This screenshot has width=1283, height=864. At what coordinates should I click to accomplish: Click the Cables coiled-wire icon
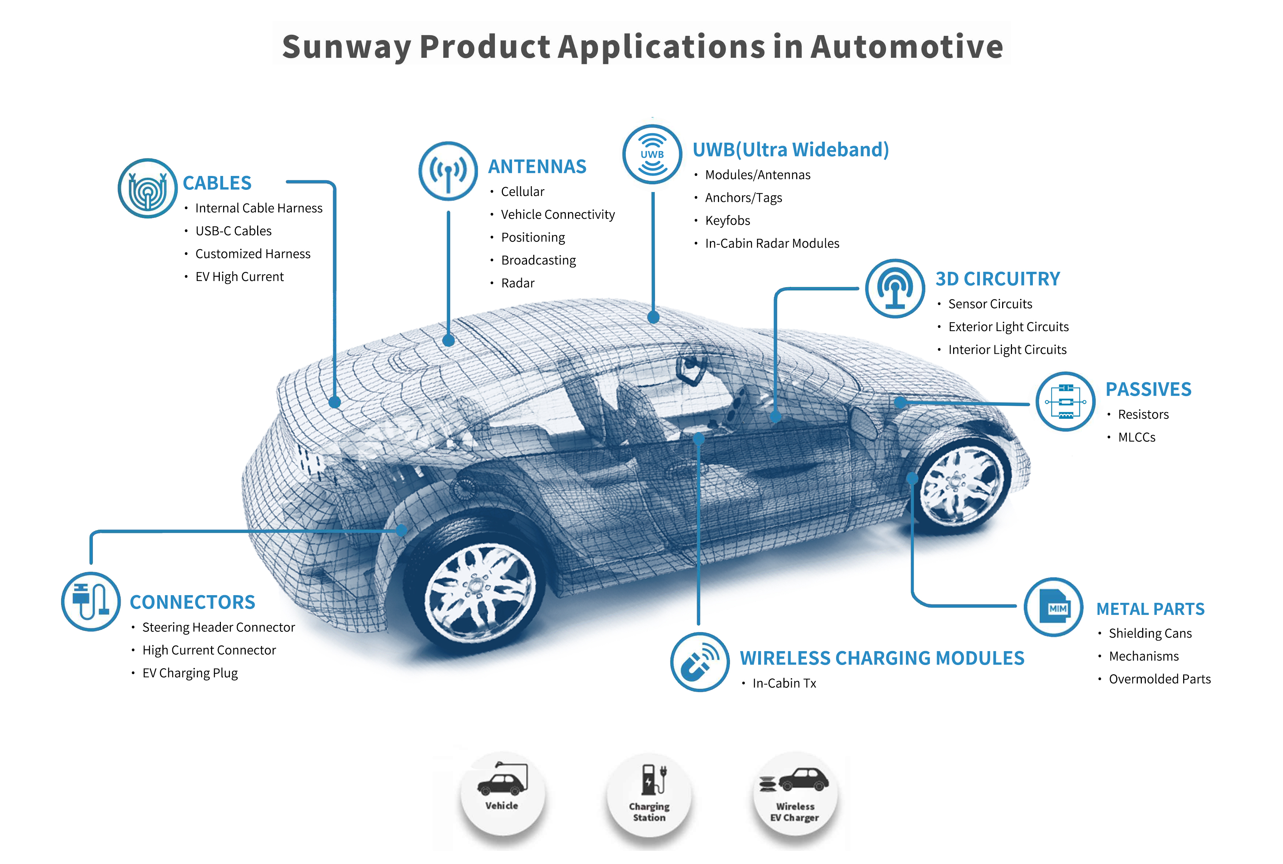pos(147,188)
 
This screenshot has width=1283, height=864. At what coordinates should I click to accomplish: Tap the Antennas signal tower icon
pos(448,171)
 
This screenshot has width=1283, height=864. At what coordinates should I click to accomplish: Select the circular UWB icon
pos(652,154)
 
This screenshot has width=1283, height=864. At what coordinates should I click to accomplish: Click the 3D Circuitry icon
pos(895,288)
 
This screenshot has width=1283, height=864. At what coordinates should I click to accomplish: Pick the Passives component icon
pos(1065,402)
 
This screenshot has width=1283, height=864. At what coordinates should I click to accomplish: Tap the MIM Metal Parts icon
pos(1053,607)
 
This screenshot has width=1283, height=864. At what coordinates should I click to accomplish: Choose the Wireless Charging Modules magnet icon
pos(700,662)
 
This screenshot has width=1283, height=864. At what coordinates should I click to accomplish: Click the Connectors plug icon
pos(91,601)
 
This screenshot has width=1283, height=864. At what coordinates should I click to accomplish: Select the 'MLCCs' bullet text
pos(1136,437)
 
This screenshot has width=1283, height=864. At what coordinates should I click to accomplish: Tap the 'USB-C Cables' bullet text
pos(234,231)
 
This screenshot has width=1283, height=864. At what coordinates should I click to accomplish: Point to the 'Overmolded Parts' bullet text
pos(1160,679)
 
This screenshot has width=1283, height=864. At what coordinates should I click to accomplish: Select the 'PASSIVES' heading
pos(1148,390)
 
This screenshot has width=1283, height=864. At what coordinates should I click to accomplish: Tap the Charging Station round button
pos(649,794)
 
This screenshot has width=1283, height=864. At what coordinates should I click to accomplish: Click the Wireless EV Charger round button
pos(795,794)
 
